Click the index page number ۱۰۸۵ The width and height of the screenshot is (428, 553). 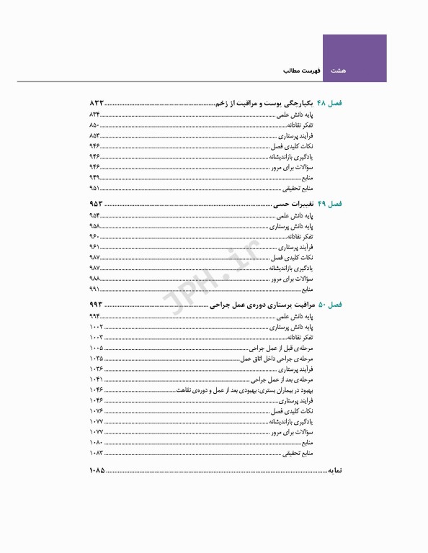97,472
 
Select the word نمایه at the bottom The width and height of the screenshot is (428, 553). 331,472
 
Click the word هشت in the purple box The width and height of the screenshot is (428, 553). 338,71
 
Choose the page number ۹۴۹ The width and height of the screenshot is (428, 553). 94,176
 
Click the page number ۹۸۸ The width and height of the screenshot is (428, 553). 94,278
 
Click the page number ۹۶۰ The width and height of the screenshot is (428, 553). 94,236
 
